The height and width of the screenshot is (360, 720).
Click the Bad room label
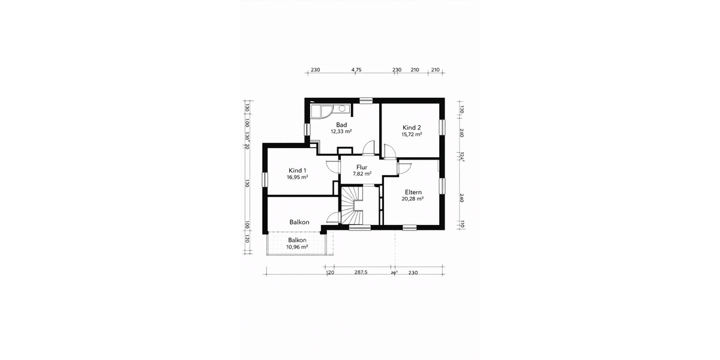point(341,125)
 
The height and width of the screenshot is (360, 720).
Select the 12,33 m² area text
point(341,131)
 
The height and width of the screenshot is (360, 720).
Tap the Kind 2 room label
point(412,128)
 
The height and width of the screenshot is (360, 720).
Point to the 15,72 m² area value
point(412,134)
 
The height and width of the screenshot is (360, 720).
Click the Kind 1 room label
point(298,170)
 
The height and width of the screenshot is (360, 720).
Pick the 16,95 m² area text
point(298,178)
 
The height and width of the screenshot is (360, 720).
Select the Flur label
point(361,167)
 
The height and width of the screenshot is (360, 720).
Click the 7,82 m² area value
point(361,174)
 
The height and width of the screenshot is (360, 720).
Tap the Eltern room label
point(413,192)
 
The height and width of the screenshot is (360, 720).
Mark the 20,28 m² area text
point(413,199)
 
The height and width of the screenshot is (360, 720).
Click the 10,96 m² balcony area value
point(297,247)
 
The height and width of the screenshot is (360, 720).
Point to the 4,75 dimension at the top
point(356,70)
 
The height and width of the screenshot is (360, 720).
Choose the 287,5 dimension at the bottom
point(361,272)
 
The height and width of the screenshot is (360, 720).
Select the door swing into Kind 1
point(332,167)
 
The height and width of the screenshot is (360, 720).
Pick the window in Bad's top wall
point(365,100)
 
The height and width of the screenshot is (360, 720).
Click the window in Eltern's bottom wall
point(410,227)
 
